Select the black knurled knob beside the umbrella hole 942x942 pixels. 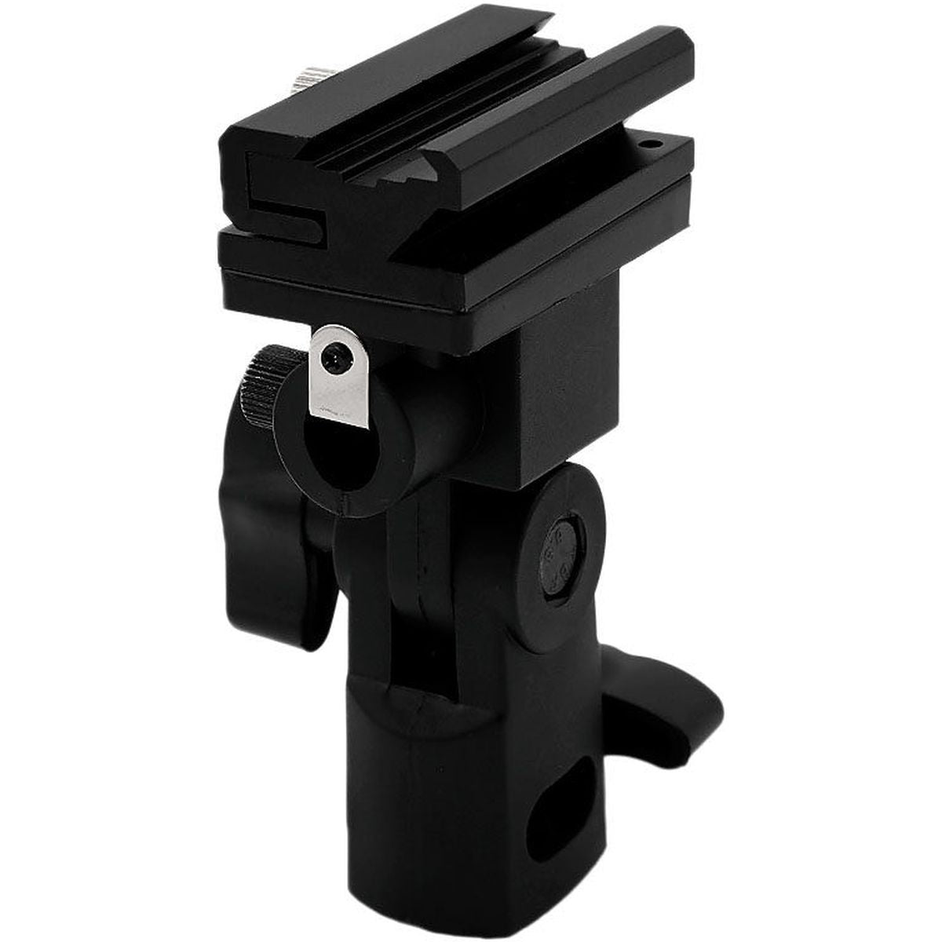[260, 385]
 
